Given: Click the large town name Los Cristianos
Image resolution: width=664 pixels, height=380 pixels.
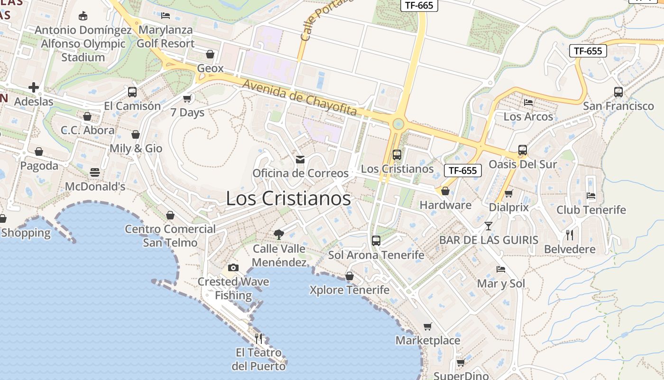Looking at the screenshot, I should (x=288, y=198).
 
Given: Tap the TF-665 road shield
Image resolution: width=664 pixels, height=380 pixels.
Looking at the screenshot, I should (x=420, y=5).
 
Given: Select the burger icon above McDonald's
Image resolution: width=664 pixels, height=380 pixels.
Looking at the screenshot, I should (x=95, y=172).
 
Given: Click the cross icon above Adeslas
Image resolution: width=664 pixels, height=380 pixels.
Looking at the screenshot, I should (x=33, y=87).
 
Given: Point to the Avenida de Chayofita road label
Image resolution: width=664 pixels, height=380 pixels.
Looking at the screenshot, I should (x=300, y=98).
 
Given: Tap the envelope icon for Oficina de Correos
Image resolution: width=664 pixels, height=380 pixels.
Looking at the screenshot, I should (x=300, y=159).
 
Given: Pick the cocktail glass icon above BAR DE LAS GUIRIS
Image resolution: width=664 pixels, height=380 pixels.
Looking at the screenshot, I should (x=489, y=226).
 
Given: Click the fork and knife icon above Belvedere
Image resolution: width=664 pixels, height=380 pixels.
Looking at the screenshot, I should (x=570, y=235).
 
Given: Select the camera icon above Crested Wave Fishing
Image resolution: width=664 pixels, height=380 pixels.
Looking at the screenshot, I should (x=233, y=267).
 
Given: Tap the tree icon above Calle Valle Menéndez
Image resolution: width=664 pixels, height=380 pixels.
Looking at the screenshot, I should (x=279, y=234).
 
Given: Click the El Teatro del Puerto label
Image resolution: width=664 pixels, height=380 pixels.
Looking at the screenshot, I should (x=258, y=360).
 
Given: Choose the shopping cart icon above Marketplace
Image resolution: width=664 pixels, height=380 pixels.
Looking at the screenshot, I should (x=428, y=326).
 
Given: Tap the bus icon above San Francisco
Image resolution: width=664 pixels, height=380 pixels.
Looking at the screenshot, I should (x=618, y=92).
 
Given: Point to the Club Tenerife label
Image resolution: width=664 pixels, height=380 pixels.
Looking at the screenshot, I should (x=591, y=209).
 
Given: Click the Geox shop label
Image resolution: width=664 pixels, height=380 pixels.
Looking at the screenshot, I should (x=210, y=68).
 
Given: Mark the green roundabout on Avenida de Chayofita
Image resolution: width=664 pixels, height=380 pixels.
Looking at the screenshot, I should (x=398, y=124).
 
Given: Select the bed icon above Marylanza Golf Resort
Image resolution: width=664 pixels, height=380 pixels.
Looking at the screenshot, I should (x=166, y=16).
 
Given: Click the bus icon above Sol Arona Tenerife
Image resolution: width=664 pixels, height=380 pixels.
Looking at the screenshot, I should (x=376, y=240).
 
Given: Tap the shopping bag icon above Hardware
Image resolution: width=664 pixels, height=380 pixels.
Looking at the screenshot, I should (x=445, y=191).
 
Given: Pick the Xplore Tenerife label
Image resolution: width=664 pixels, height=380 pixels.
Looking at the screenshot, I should (x=349, y=290).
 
